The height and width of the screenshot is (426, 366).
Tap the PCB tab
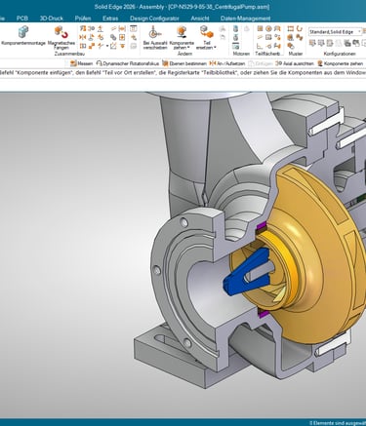(21, 18)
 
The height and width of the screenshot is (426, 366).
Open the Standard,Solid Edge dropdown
(335, 30)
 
